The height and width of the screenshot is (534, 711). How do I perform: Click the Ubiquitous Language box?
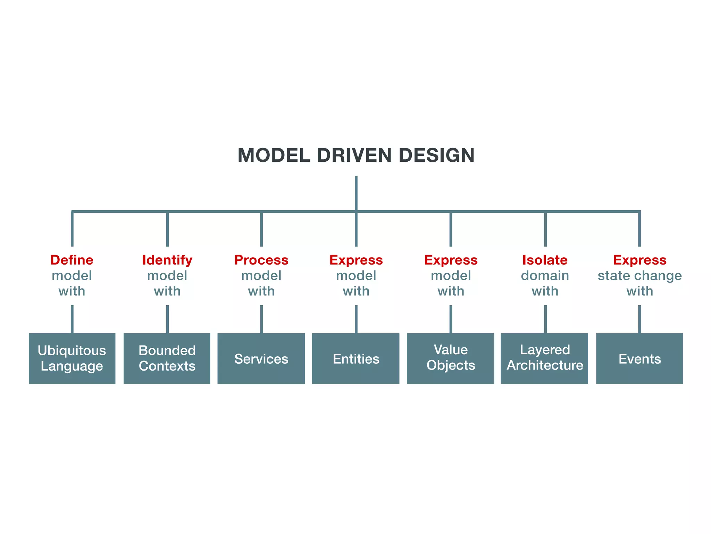[x=72, y=358]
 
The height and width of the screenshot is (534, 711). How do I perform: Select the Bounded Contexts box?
[x=167, y=358]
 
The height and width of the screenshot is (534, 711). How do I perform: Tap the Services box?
[x=261, y=358]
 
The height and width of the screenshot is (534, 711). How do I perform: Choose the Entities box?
[x=356, y=358]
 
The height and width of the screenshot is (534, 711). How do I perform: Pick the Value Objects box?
[x=450, y=358]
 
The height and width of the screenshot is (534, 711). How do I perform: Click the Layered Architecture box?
[x=544, y=358]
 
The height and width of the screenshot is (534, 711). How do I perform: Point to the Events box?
[x=639, y=358]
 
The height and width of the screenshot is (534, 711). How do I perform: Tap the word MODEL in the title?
[x=274, y=155]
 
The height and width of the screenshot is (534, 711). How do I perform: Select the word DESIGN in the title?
[x=436, y=155]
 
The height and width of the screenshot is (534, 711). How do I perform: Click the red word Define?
[x=72, y=260]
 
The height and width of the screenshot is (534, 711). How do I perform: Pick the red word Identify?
[x=167, y=260]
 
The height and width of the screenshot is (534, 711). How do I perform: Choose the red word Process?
[x=261, y=260]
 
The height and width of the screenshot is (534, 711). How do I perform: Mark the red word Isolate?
[x=545, y=260]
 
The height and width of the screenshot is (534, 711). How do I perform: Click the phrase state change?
[x=639, y=276]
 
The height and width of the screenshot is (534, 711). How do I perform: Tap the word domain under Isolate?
[x=545, y=276]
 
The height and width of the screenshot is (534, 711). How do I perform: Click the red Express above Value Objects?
[x=451, y=260]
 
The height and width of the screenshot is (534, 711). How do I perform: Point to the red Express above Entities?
[x=356, y=260]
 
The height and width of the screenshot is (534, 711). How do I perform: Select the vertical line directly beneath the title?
[x=356, y=193]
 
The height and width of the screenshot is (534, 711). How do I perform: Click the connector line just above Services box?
[x=261, y=319]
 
